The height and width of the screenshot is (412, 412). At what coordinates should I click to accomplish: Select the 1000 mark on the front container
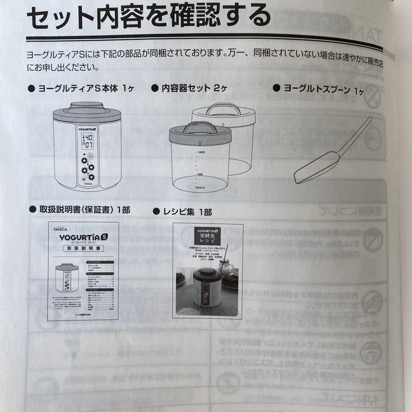[x=201, y=152]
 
